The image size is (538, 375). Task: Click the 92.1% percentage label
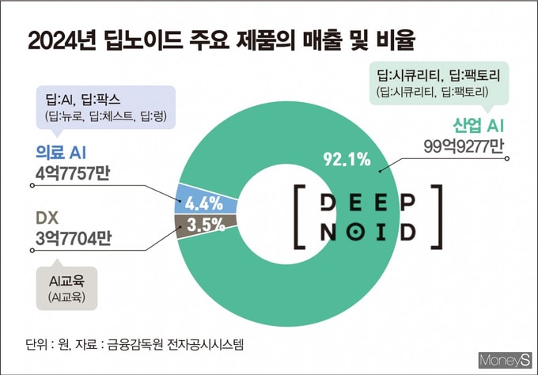point(347,160)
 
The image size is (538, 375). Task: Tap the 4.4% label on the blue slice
point(204,203)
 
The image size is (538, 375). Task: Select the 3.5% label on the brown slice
point(206,225)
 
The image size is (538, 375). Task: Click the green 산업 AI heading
point(479,126)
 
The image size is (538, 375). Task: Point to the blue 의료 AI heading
point(61,153)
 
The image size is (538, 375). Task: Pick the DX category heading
point(47,218)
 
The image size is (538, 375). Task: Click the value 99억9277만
point(464,147)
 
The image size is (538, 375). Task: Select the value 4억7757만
point(73,173)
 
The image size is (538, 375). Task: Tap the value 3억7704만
point(74,238)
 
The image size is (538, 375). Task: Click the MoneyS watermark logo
point(505,360)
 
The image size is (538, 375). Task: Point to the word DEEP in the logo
point(368,203)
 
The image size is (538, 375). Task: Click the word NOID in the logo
point(368,233)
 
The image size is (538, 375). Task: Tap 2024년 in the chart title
point(62,40)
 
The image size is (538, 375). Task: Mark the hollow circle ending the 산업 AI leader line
point(507,158)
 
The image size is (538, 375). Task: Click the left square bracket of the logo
point(297,216)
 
